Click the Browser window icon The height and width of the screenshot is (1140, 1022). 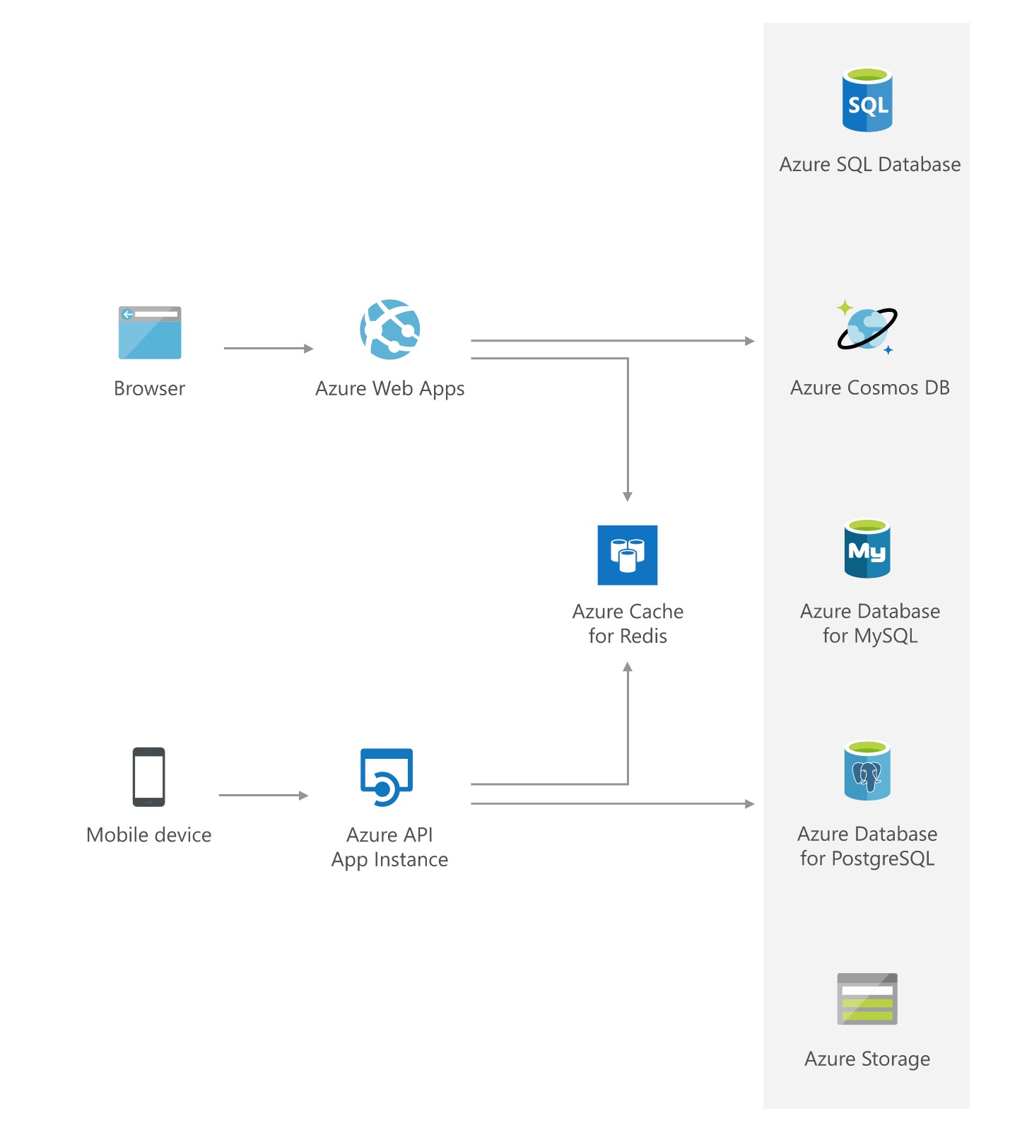coord(150,333)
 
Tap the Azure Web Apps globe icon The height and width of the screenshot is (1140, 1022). coord(390,330)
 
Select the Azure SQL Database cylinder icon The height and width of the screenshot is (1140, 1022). coord(867,100)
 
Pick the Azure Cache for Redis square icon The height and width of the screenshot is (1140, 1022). coord(628,555)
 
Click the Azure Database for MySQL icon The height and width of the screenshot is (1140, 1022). coord(867,549)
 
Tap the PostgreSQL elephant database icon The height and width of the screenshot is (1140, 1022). coord(867,771)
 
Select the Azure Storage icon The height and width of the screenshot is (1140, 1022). coord(867,999)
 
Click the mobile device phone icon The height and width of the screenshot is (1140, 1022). coord(149,777)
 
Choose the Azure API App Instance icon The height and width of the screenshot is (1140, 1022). coord(387,777)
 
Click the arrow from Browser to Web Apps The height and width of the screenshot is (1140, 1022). coord(269,349)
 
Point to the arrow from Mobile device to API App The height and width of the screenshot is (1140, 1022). coord(264,796)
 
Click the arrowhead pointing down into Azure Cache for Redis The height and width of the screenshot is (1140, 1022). coord(628,496)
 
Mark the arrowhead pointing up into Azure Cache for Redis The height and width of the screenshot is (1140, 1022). coord(628,668)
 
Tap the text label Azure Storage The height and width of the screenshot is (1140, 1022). coord(867,1059)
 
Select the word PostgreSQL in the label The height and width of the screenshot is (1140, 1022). coord(883,859)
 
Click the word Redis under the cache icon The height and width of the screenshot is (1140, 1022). coord(642,636)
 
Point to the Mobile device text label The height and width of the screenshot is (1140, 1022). coord(149,835)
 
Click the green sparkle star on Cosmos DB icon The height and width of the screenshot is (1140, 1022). coord(845,308)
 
